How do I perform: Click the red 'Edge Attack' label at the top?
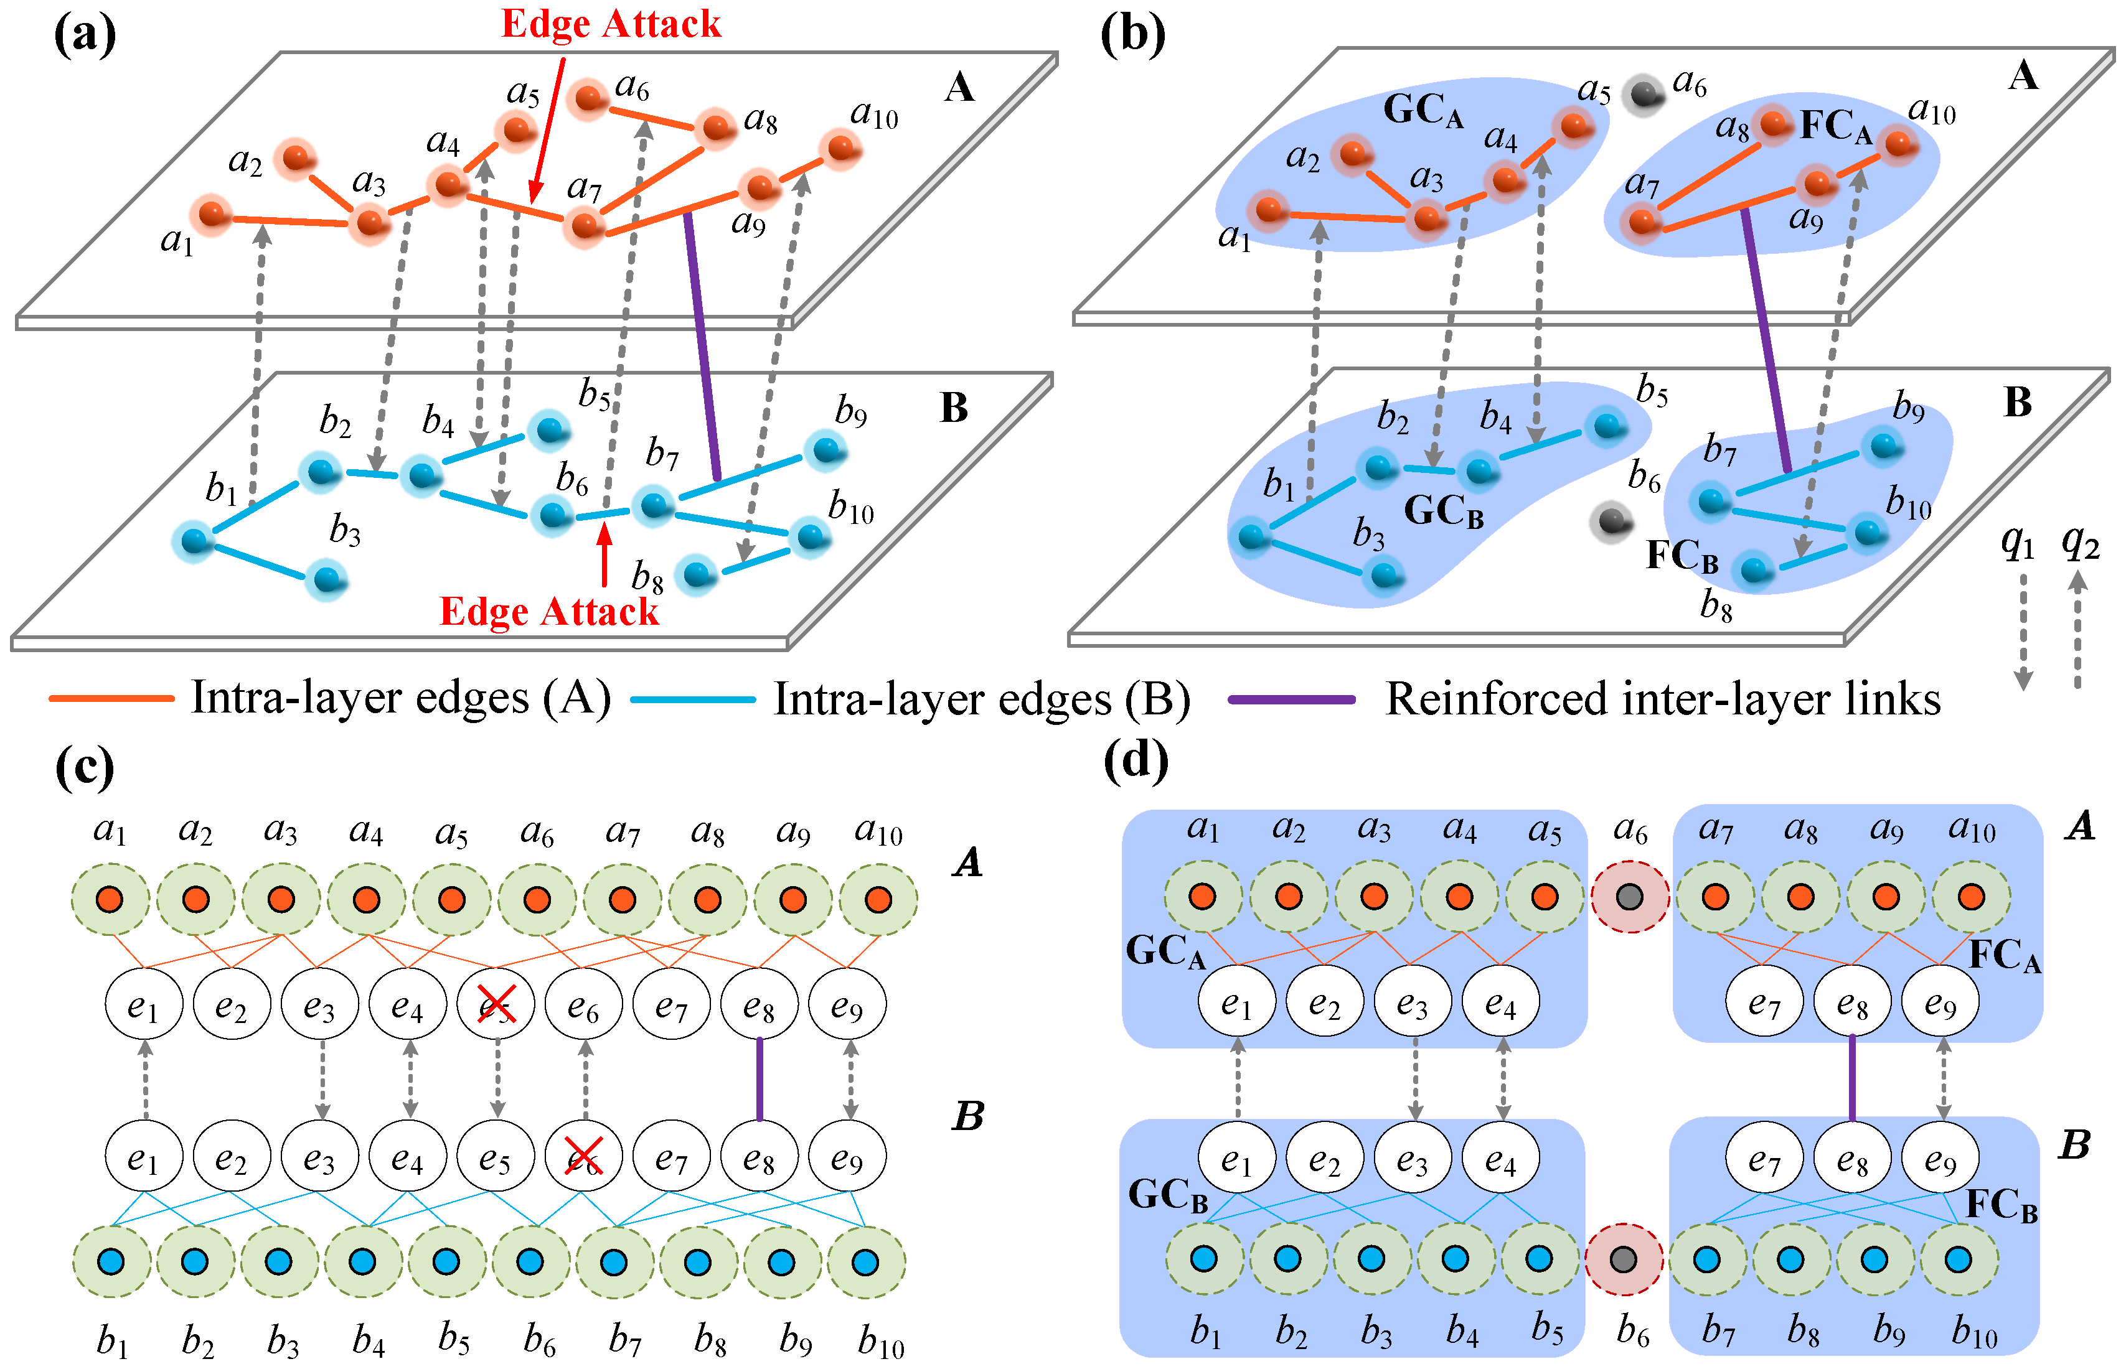pos(611,24)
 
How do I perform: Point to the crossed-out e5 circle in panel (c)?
pos(496,1004)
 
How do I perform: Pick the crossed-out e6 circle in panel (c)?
pos(583,1157)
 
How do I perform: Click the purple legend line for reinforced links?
pos(1291,699)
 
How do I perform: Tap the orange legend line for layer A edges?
pos(111,699)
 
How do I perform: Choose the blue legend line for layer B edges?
pos(693,699)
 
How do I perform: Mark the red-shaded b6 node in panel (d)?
pos(1624,1259)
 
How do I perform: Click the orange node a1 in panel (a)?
pos(211,214)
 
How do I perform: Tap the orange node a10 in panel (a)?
pos(840,147)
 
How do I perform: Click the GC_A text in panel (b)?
pos(1423,111)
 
